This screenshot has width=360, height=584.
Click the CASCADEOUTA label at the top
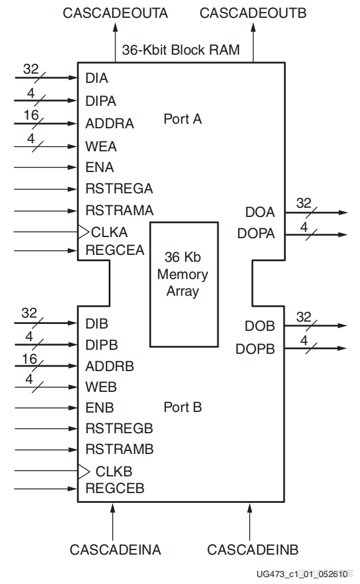(115, 13)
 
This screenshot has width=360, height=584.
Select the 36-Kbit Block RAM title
(181, 50)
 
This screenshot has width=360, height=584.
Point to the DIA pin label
(97, 78)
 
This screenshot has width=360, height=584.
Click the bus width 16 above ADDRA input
(31, 116)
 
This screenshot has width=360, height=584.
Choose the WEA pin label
(101, 147)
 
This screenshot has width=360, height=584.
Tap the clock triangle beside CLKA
(84, 232)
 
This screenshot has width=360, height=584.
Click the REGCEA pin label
(114, 250)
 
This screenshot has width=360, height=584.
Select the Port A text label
(182, 119)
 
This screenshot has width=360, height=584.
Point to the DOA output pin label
(260, 212)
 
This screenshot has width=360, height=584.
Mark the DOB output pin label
(260, 326)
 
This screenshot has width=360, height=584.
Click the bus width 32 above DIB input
(29, 314)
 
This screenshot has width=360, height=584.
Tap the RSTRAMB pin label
(119, 449)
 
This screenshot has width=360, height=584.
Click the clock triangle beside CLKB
(84, 471)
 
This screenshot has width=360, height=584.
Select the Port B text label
(182, 407)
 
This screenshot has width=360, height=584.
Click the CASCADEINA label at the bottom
(115, 549)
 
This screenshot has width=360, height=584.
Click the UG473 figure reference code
(302, 574)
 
